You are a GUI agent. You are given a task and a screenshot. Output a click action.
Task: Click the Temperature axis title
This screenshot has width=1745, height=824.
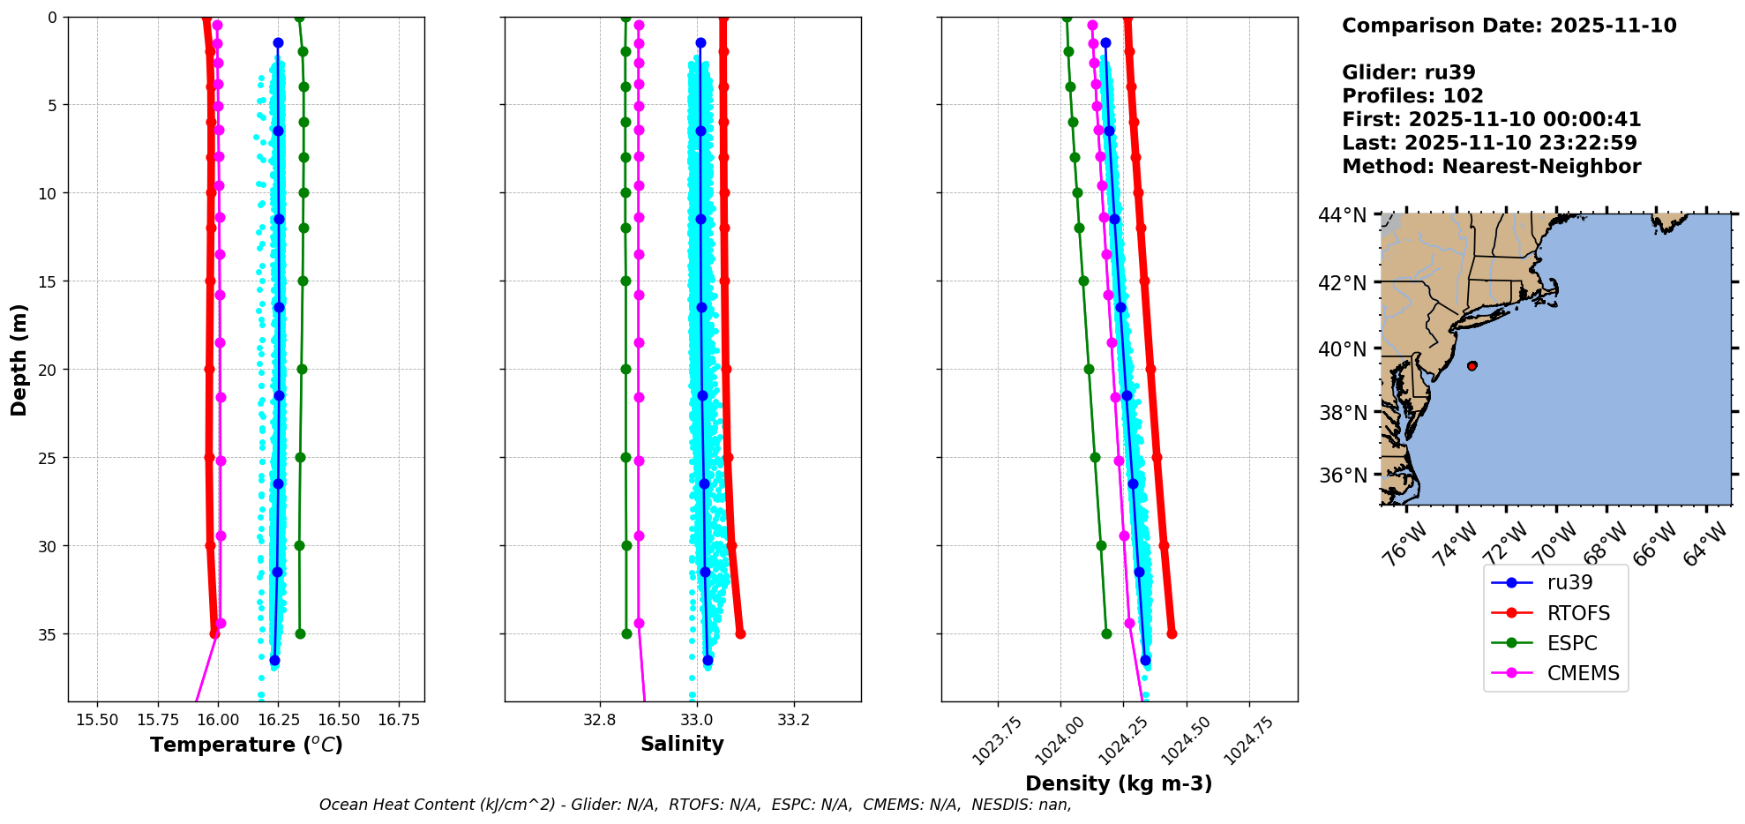[x=246, y=745]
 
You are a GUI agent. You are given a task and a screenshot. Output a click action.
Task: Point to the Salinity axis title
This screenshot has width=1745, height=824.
[x=682, y=744]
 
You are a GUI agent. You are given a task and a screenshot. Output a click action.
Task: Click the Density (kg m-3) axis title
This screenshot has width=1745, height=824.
[x=1119, y=783]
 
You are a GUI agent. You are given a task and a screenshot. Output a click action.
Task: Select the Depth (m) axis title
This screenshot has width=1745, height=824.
[x=19, y=360]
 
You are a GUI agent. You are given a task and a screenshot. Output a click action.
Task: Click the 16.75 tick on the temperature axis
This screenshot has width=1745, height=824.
[x=398, y=720]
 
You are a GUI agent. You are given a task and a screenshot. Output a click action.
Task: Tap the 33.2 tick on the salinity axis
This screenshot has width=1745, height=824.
[x=793, y=720]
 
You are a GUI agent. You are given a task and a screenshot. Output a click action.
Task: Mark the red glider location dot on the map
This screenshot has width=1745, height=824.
[x=1472, y=365]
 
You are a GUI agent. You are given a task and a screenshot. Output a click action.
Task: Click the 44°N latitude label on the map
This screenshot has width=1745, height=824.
[x=1342, y=216]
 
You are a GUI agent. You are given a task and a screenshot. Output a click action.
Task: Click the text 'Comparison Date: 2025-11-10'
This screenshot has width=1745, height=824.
[x=1509, y=26]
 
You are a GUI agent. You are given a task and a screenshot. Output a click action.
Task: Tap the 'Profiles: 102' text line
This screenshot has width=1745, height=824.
[x=1412, y=96]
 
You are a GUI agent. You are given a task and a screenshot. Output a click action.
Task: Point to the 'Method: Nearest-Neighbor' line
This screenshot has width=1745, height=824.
[x=1491, y=166]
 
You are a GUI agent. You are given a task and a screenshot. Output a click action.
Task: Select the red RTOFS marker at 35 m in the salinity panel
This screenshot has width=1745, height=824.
[x=740, y=633]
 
